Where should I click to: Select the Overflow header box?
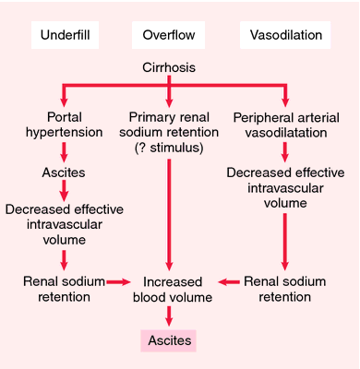pyautogui.click(x=168, y=36)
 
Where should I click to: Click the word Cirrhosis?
pyautogui.click(x=168, y=69)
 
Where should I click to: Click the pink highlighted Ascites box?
pyautogui.click(x=168, y=340)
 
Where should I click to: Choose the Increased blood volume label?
pyautogui.click(x=169, y=288)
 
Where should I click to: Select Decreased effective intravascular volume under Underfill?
pyautogui.click(x=61, y=220)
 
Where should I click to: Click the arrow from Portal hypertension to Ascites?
pyautogui.click(x=62, y=152)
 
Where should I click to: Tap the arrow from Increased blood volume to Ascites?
pyautogui.click(x=168, y=316)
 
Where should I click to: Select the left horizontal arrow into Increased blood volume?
pyautogui.click(x=117, y=280)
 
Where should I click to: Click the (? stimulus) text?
pyautogui.click(x=169, y=147)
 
